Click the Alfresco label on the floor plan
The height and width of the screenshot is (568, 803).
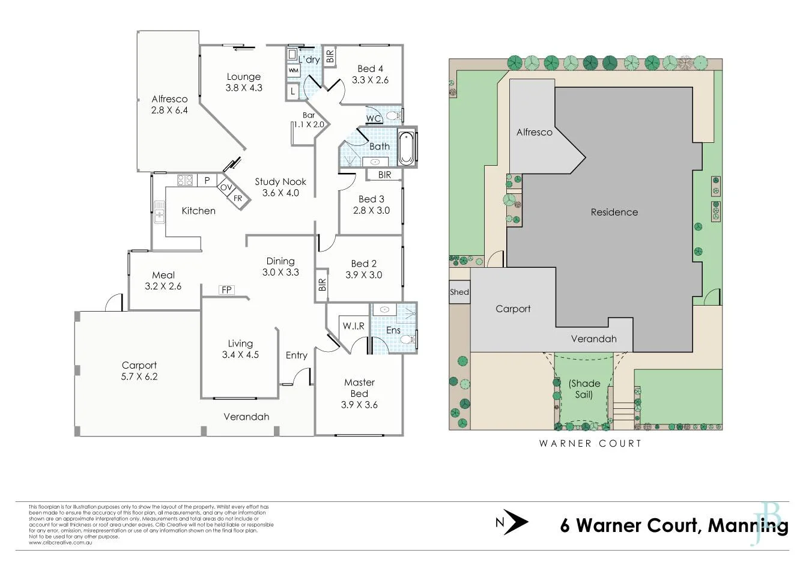point(169,104)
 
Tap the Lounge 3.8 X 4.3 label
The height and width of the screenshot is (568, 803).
point(244,82)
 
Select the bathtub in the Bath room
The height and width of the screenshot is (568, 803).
point(407,147)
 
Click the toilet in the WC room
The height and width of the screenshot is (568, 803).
point(393,115)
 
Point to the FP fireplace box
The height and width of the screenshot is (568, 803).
point(226,290)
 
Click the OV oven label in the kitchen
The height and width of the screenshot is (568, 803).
point(226,187)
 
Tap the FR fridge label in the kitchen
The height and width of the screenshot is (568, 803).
point(238,198)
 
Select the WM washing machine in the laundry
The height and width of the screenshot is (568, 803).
point(293,70)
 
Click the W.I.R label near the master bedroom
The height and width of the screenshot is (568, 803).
point(353,326)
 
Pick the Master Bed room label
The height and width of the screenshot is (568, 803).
point(359,393)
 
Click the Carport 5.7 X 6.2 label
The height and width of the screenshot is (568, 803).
point(139,370)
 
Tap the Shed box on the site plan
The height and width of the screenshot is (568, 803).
point(459,292)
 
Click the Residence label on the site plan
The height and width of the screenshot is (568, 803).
point(614,212)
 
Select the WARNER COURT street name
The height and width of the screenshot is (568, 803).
point(590,444)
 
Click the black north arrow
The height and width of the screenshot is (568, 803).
point(515,522)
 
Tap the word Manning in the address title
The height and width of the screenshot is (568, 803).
point(748,525)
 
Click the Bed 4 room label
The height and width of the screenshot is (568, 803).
point(370,74)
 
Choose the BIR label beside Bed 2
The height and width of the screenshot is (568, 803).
point(322,285)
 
